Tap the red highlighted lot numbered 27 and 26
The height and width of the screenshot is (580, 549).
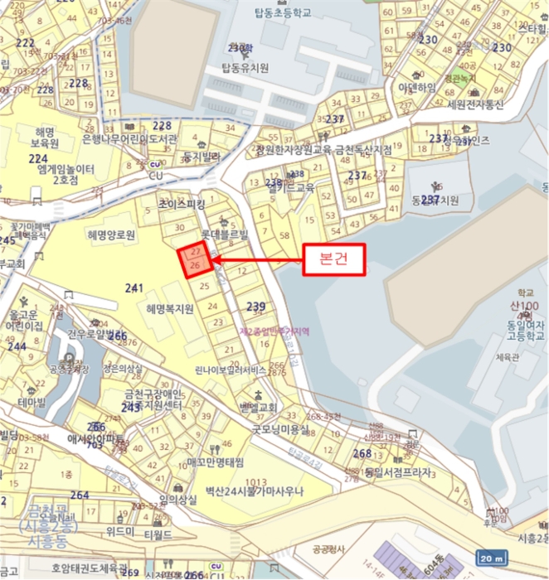pyautogui.click(x=194, y=259)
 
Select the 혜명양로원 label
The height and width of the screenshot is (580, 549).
pyautogui.click(x=110, y=235)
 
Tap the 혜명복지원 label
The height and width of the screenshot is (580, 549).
pyautogui.click(x=169, y=309)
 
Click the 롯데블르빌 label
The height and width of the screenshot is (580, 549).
pyautogui.click(x=221, y=234)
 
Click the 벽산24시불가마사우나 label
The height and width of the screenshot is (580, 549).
pyautogui.click(x=255, y=491)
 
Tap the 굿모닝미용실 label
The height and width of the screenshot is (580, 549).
pyautogui.click(x=280, y=429)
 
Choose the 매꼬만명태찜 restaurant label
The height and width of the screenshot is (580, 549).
pyautogui.click(x=216, y=461)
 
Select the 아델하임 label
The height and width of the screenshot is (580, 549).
pyautogui.click(x=416, y=87)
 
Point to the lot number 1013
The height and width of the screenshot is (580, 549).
pyautogui.click(x=255, y=481)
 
